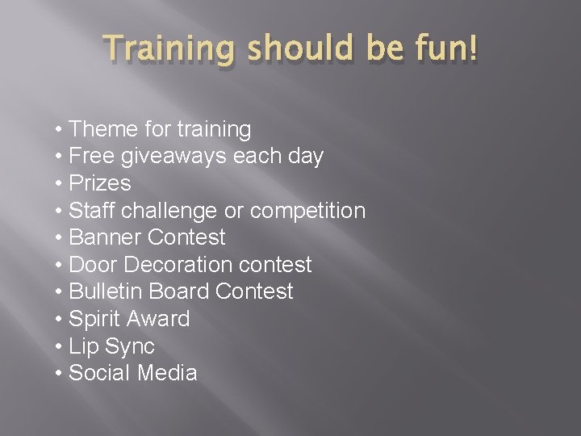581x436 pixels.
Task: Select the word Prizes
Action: pyautogui.click(x=100, y=183)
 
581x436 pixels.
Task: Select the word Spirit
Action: pyautogui.click(x=95, y=319)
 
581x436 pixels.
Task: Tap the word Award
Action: pyautogui.click(x=158, y=319)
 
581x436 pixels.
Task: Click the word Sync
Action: pyautogui.click(x=131, y=346)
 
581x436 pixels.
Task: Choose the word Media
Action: pyautogui.click(x=167, y=373)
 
